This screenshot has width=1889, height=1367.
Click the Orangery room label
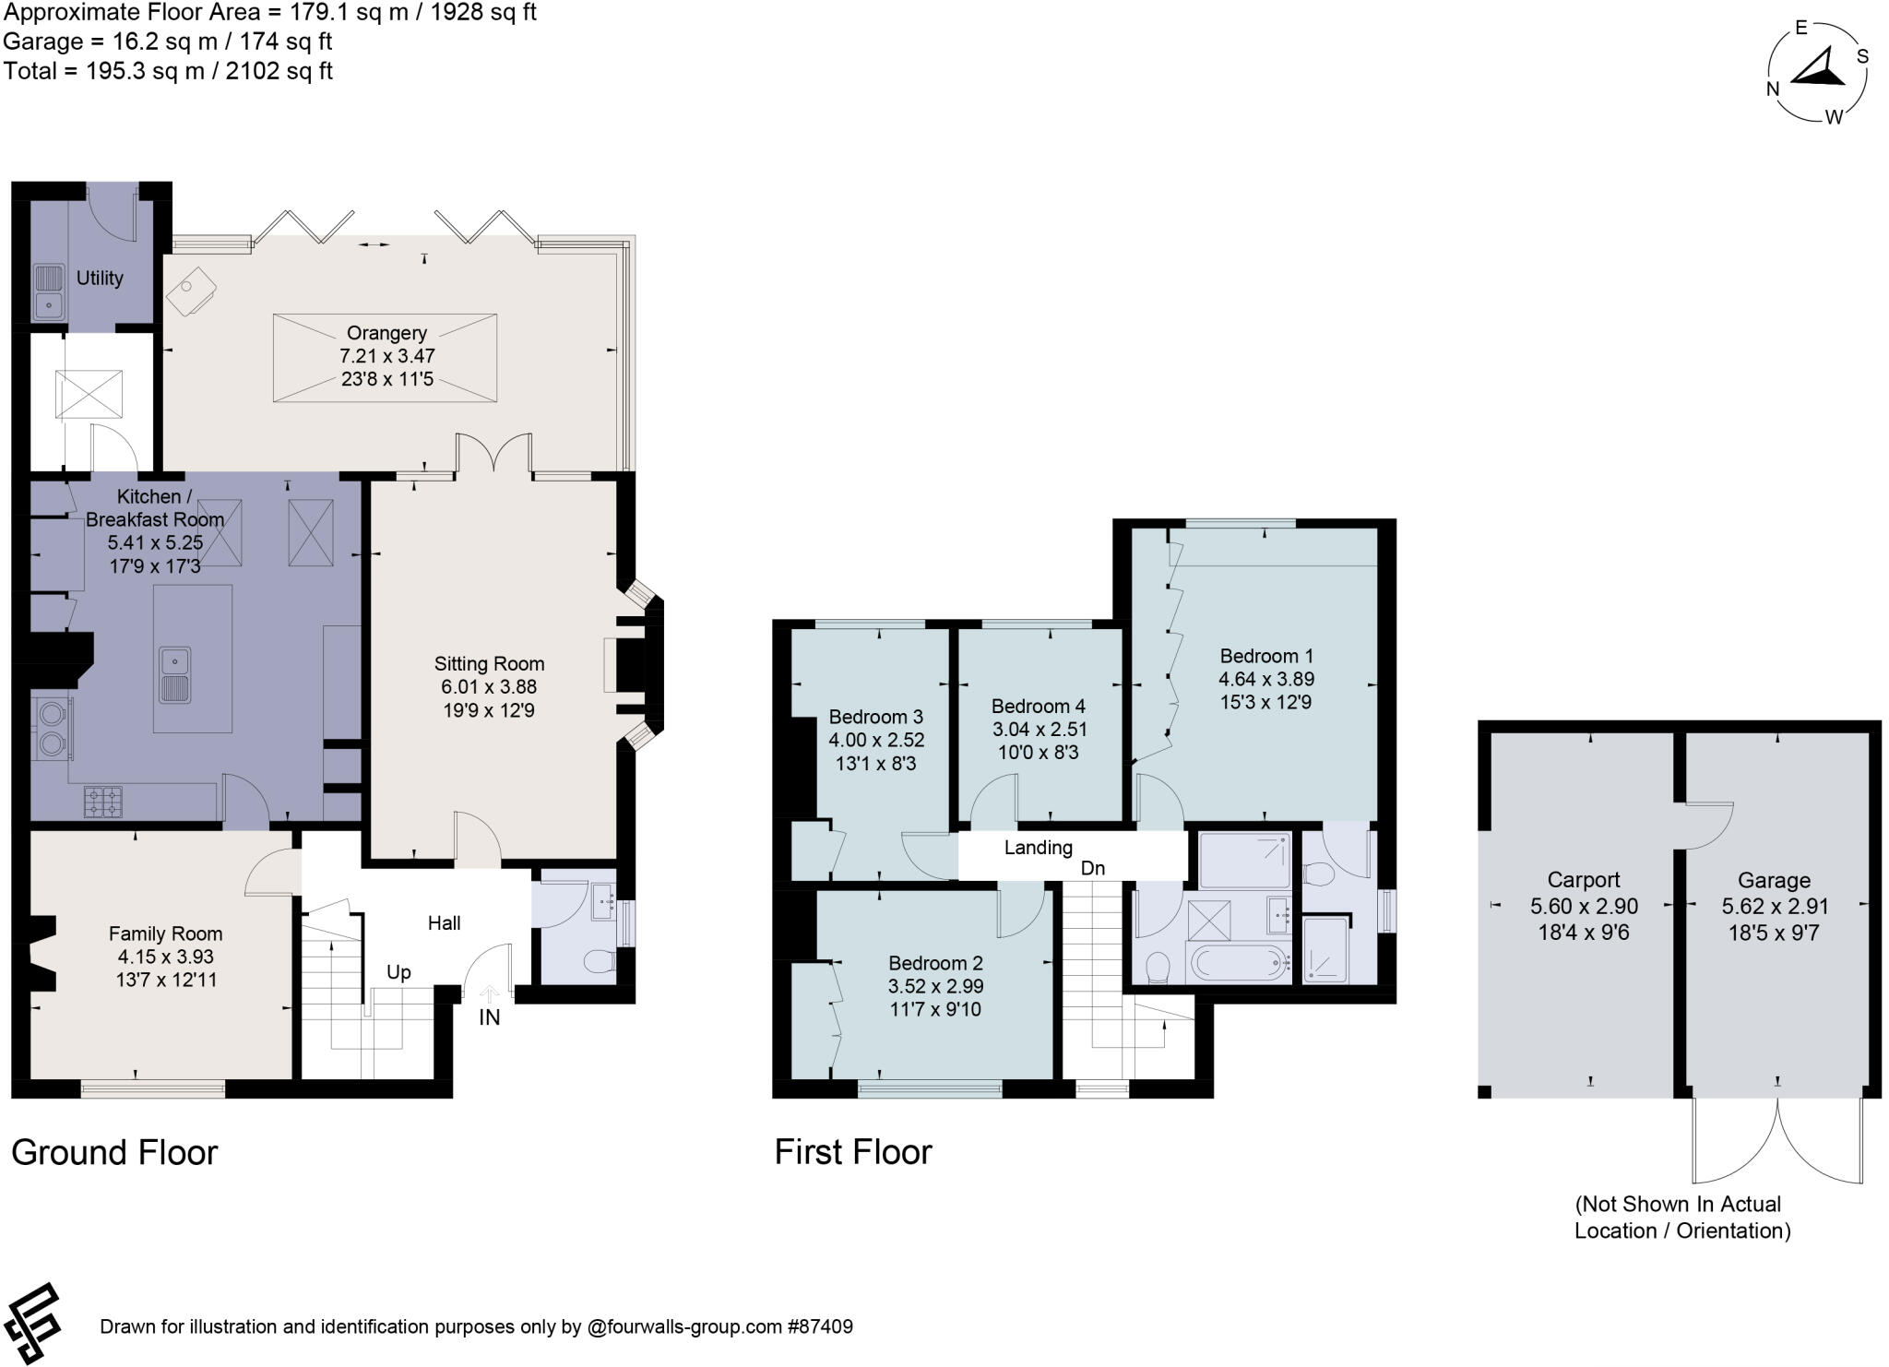(386, 333)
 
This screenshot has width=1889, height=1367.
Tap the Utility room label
(100, 278)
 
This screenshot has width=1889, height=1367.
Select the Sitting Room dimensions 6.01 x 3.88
(488, 687)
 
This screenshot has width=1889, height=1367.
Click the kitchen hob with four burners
(103, 802)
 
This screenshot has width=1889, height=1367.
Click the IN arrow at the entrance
(489, 995)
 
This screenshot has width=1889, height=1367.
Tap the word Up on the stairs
(398, 972)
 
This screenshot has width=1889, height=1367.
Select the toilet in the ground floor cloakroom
(600, 962)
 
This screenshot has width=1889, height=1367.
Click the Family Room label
(165, 933)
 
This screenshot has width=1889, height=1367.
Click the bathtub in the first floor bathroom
(1237, 964)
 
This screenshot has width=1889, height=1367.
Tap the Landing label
(1038, 847)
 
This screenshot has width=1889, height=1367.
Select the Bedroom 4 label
(1038, 707)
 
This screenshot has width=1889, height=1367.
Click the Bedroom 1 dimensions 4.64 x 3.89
(1265, 679)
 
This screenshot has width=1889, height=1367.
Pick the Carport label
(1583, 880)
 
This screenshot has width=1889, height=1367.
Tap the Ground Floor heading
(114, 1153)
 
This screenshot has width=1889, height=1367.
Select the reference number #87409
(819, 1327)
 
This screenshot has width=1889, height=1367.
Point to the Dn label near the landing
(1092, 868)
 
